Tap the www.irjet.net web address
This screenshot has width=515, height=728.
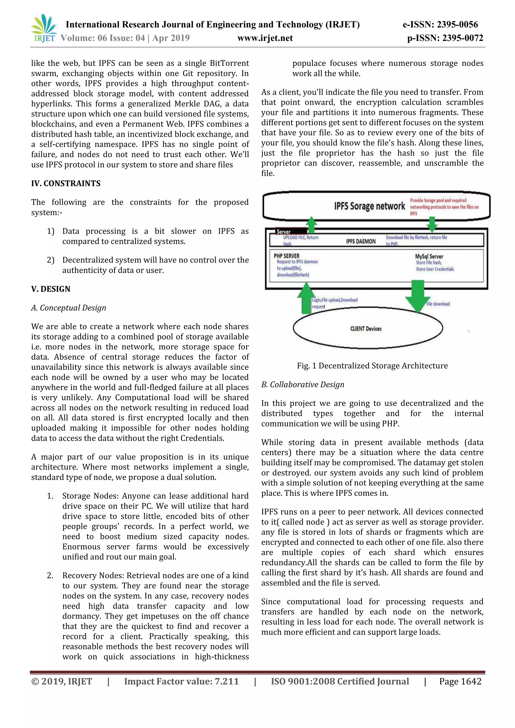[265, 38]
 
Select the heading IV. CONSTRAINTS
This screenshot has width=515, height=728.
[66, 183]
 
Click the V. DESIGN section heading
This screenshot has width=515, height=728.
[51, 289]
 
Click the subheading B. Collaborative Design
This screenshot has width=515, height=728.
[303, 384]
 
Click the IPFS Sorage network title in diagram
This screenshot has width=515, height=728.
[369, 206]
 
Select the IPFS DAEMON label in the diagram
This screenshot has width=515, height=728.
[361, 241]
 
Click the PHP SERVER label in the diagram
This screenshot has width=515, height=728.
[286, 256]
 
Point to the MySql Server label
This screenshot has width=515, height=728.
[429, 256]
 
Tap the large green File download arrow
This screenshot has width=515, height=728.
[418, 295]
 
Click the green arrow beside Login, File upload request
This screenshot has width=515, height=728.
[306, 298]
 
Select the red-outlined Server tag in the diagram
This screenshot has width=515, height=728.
[290, 232]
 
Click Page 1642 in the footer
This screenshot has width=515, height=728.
[460, 681]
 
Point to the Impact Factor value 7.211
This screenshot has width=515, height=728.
[181, 681]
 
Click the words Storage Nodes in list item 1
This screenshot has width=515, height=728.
[90, 496]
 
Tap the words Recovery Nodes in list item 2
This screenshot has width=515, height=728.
[92, 575]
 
